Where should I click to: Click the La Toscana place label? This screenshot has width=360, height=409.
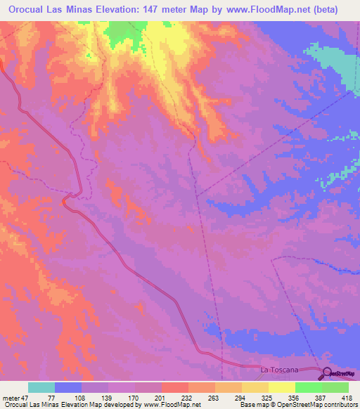click(275, 368)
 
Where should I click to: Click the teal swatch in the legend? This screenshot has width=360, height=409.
click(41, 387)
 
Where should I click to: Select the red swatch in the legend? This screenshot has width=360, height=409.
click(175, 387)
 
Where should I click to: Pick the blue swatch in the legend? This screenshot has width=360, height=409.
click(68, 387)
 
